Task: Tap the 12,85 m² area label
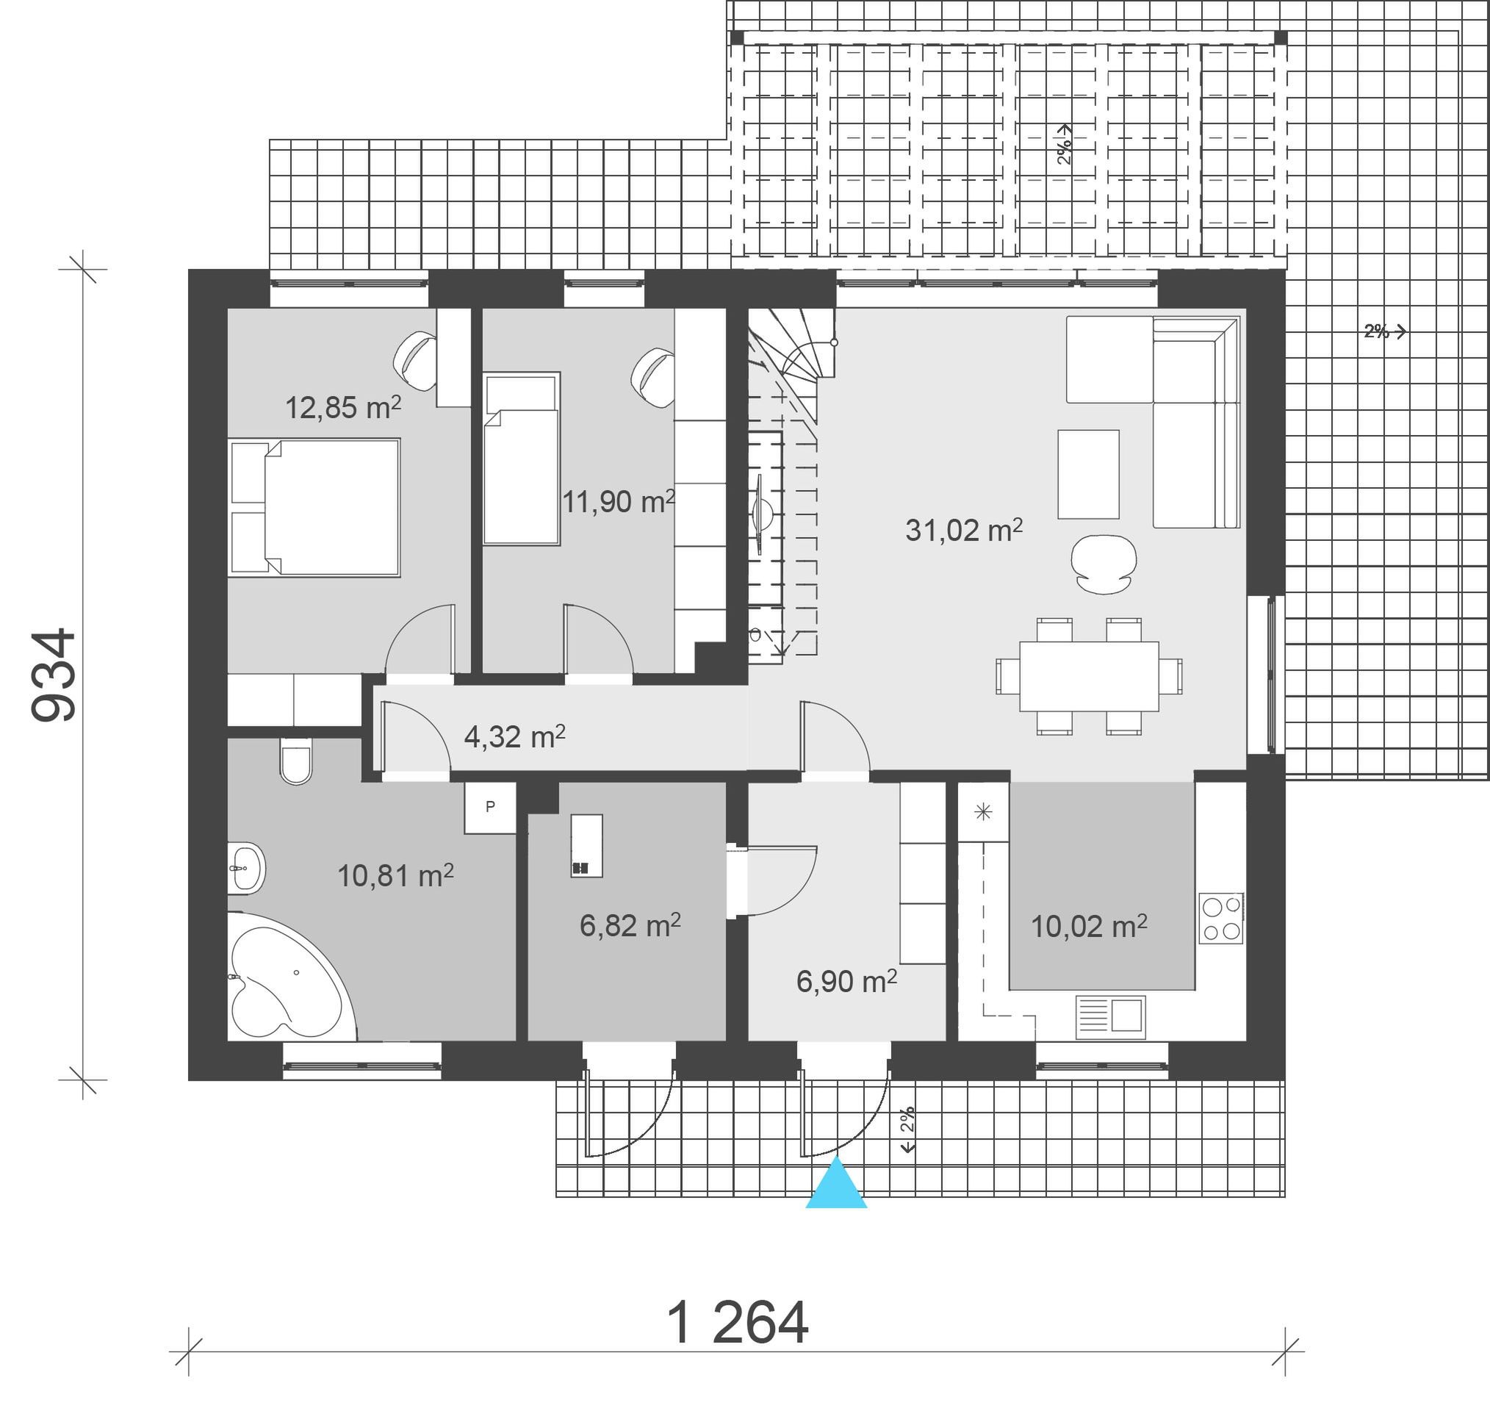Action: coord(342,407)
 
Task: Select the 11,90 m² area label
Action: coord(619,501)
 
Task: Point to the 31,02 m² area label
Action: coord(964,529)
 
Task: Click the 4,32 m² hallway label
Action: coord(514,736)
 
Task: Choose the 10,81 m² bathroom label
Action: coord(395,875)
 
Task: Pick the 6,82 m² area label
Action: coord(630,924)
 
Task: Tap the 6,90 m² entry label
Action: coord(846,982)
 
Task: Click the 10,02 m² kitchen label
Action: coord(1089,926)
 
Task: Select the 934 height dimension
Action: coord(54,674)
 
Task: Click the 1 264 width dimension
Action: coord(738,1323)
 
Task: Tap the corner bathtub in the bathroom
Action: coord(292,977)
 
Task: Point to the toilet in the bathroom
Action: coord(295,761)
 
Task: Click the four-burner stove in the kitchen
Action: coord(1221,918)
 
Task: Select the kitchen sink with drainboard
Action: coord(1110,1016)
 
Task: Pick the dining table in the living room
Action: coord(1089,676)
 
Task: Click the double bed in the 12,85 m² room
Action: coord(314,507)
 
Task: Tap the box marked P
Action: coord(490,808)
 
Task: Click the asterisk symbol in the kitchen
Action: coord(983,813)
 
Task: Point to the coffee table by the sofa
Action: coord(1088,475)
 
